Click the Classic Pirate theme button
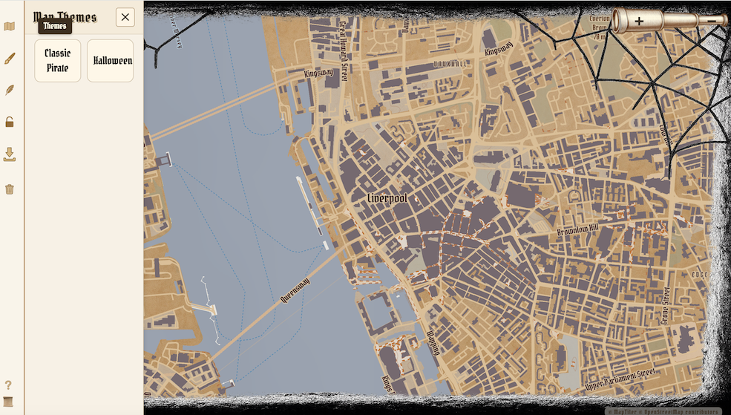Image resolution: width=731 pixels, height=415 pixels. tap(57, 60)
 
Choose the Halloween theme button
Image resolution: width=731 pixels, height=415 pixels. tap(111, 60)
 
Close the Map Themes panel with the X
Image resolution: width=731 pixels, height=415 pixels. tap(125, 17)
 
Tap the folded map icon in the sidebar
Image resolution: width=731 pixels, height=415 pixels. tap(10, 27)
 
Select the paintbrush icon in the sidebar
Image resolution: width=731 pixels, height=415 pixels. tap(10, 59)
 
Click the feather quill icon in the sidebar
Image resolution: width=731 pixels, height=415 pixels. tap(10, 91)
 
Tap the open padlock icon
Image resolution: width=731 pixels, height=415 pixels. tap(10, 122)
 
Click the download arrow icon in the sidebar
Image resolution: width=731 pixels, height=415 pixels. tap(10, 154)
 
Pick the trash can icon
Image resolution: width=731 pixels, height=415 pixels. tap(10, 189)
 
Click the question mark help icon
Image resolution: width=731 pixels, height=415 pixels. tap(9, 385)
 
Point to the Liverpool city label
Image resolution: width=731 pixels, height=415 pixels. tap(387, 199)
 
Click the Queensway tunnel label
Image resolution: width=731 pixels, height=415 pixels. tap(295, 289)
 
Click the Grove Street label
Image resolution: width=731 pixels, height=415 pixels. tap(665, 305)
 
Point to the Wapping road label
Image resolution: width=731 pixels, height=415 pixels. tap(432, 342)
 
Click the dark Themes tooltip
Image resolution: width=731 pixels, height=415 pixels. tap(55, 26)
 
